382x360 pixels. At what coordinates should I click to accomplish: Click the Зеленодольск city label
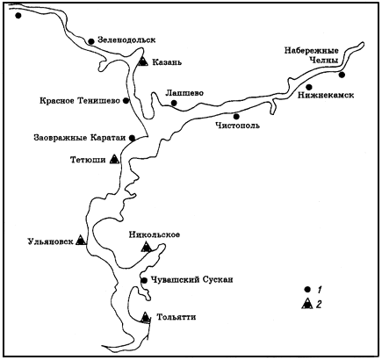[x=126, y=40]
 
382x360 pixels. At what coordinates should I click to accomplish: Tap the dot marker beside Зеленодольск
[x=91, y=41]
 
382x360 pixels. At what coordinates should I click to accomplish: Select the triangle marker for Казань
[x=143, y=61]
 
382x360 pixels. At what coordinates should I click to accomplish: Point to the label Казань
[x=167, y=62]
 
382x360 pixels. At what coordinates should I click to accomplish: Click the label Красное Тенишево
[x=80, y=101]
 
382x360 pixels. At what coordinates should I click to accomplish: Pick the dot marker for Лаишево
[x=174, y=103]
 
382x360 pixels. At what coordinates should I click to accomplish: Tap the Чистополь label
[x=237, y=126]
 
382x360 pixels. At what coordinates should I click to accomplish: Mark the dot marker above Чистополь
[x=236, y=117]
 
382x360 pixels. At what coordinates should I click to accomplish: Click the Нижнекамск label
[x=326, y=95]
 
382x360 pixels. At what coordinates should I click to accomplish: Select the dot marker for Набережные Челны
[x=342, y=75]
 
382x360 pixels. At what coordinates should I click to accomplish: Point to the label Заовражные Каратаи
[x=80, y=138]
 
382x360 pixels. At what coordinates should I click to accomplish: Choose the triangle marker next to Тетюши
[x=114, y=159]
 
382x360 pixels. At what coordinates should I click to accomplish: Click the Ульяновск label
[x=50, y=241]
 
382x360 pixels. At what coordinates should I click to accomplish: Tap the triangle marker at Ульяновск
[x=81, y=240]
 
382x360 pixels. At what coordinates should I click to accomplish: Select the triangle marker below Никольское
[x=147, y=247]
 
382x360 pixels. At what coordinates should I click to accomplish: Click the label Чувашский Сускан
[x=191, y=280]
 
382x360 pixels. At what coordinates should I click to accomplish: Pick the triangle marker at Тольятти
[x=145, y=317]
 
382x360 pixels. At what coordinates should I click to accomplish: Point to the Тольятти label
[x=177, y=317]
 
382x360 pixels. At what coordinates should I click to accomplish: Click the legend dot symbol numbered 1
[x=307, y=290]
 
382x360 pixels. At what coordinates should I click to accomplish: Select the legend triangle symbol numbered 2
[x=306, y=304]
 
